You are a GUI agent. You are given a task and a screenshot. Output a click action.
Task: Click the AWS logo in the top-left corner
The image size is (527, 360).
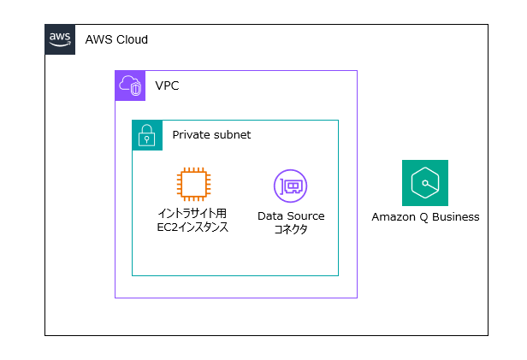click(x=60, y=39)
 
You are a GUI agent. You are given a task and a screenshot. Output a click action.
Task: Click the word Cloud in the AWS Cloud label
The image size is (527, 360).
click(x=132, y=40)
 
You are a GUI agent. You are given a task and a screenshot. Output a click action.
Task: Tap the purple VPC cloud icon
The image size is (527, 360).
click(x=130, y=86)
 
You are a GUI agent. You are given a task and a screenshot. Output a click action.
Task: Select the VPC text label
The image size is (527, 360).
click(x=167, y=86)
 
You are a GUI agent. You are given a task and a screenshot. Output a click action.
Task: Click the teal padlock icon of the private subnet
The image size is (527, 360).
click(x=147, y=135)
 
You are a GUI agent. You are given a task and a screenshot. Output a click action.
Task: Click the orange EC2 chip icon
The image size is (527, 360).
click(x=192, y=185)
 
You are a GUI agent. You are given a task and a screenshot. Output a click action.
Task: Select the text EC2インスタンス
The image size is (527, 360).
click(x=192, y=228)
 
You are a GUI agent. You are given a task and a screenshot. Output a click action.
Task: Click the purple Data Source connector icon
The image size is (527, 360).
click(x=290, y=186)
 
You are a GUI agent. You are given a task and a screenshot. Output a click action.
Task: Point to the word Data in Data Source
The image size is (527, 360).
click(x=271, y=216)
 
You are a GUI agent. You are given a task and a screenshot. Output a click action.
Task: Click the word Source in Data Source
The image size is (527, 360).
click(x=305, y=216)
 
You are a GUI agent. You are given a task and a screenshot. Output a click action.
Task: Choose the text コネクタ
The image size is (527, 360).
click(x=291, y=230)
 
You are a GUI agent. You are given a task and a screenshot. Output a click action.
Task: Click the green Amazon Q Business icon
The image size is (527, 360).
click(x=425, y=183)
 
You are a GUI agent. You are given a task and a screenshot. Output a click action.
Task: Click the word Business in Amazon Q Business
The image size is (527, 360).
click(x=456, y=217)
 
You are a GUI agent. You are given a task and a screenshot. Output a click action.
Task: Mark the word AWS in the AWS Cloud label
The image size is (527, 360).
click(x=98, y=40)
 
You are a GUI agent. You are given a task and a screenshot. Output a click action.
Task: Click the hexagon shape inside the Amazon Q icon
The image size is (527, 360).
click(x=425, y=183)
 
